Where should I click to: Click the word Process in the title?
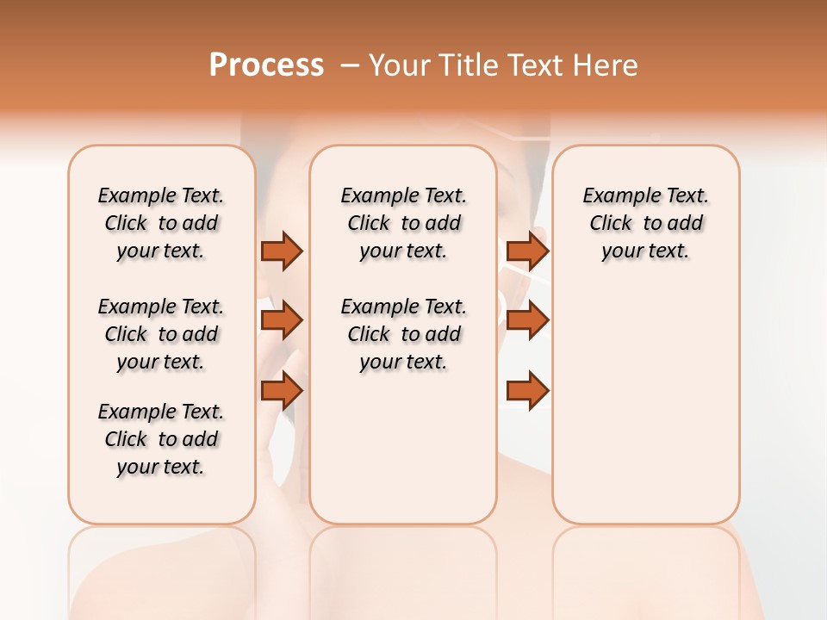coord(266,65)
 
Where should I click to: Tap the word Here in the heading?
coord(606,65)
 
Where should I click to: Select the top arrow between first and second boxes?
coord(282,251)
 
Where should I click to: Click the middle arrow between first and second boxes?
coord(282,321)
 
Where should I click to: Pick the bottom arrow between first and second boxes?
coord(282,391)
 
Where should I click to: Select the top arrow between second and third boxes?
coord(527,251)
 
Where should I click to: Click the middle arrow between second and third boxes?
coord(527,321)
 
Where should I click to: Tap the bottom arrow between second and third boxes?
coord(527,391)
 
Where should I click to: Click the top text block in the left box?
coord(161,223)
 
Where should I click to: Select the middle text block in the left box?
coord(161,334)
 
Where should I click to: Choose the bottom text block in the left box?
coord(161,439)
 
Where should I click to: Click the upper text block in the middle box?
coord(403,223)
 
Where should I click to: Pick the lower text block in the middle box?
coord(403,334)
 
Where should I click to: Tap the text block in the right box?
coord(645,223)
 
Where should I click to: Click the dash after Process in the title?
coord(350,65)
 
